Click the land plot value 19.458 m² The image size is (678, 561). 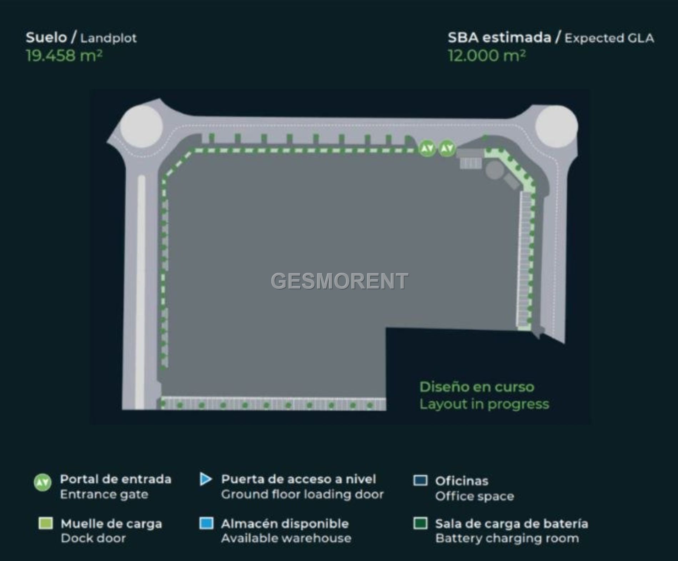click(64, 55)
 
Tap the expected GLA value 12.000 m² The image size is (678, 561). click(487, 55)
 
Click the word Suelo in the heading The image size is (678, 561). click(46, 37)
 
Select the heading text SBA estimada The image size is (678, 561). click(499, 37)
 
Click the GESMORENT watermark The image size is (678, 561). click(340, 281)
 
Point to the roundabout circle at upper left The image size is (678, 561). click(141, 127)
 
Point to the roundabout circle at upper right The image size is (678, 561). click(557, 126)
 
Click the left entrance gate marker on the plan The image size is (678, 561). click(427, 148)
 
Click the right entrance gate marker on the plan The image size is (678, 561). click(447, 148)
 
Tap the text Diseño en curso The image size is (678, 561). click(477, 387)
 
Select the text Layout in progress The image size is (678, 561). click(484, 404)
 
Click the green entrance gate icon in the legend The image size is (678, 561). click(42, 482)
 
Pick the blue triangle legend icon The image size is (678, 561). click(206, 479)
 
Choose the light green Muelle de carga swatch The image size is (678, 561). click(46, 523)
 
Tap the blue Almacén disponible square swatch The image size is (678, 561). click(206, 523)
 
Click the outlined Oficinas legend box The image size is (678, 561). click(420, 480)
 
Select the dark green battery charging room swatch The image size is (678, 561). click(420, 523)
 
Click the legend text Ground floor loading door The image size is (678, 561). click(302, 495)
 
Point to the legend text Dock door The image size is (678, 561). click(93, 538)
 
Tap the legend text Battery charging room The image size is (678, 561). click(507, 539)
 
